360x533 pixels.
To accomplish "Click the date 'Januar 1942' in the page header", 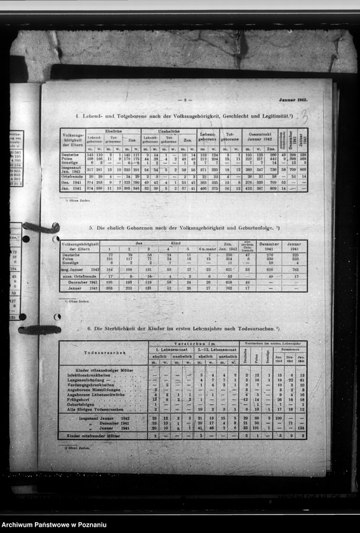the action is click(293, 100).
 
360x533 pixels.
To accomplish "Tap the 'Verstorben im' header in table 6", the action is click(194, 345).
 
